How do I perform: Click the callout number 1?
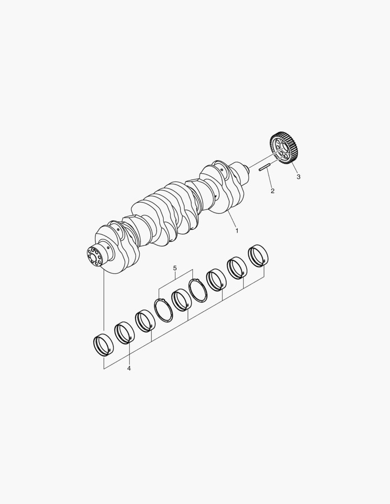point(237,231)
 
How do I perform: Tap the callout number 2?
point(273,191)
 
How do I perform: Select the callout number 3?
point(298,177)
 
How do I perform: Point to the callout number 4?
point(129,368)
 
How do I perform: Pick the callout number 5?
point(175,268)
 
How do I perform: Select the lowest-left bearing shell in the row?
point(103,345)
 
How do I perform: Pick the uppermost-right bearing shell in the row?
point(259,256)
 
